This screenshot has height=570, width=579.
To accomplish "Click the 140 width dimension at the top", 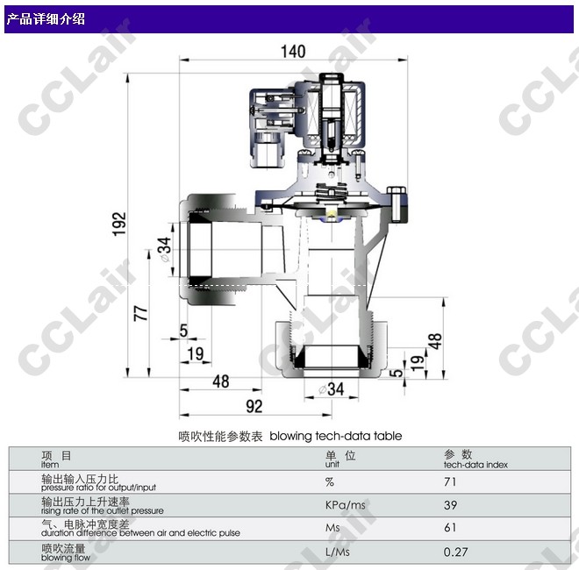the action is [x=293, y=52].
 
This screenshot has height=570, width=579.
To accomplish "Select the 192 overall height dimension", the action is [x=119, y=224].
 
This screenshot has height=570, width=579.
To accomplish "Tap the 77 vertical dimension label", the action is [x=140, y=313].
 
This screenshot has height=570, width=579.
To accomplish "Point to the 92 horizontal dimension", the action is [x=254, y=406].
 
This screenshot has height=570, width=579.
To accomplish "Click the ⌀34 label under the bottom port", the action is [x=332, y=389].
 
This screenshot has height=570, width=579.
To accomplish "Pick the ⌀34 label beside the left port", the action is [x=165, y=249].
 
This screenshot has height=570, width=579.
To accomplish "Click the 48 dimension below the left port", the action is [x=221, y=381].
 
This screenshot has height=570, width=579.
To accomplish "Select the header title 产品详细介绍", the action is [x=46, y=18].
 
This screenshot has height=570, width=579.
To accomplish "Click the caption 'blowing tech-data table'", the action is [x=336, y=436].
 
